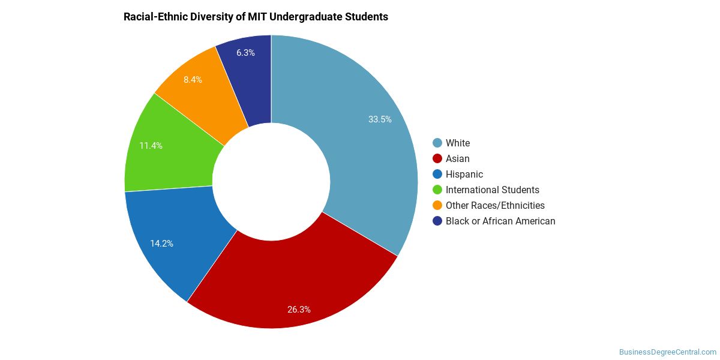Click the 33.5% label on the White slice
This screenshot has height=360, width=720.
tap(380, 119)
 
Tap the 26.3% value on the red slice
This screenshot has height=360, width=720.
tap(299, 309)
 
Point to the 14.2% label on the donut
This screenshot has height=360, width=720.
tap(161, 244)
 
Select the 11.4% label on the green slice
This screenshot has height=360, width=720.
tap(151, 146)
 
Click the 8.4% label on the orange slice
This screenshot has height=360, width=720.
tap(193, 79)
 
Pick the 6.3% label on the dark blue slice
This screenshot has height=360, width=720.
tap(245, 52)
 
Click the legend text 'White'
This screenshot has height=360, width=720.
tap(458, 143)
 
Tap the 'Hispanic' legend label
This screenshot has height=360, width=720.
tap(464, 174)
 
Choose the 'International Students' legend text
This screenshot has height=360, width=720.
tap(493, 190)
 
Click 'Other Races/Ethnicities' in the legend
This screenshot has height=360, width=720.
tap(496, 205)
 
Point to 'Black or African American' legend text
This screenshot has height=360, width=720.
tap(500, 221)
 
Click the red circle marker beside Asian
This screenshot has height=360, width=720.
tap(437, 158)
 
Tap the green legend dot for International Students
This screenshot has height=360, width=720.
tap(437, 190)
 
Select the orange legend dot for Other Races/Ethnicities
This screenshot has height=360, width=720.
tap(437, 205)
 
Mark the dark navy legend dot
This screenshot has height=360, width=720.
tap(437, 221)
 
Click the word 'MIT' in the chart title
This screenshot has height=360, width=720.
tap(257, 16)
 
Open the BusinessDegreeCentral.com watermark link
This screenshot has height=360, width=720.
tap(668, 352)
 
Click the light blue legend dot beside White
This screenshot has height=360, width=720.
tap(437, 143)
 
